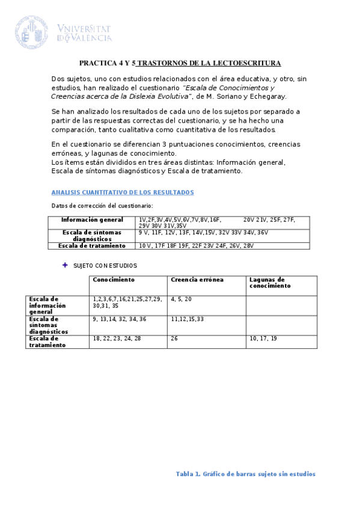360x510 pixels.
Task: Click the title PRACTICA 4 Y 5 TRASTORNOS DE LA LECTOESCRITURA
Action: click(180, 63)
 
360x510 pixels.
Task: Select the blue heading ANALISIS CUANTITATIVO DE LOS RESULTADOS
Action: click(123, 192)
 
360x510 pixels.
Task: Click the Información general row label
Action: click(92, 220)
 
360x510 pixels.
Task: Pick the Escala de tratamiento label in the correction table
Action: click(92, 245)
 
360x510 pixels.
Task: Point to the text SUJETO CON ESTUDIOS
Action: click(105, 265)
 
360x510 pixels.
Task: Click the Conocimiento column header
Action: click(114, 280)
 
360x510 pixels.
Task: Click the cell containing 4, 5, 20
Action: click(182, 299)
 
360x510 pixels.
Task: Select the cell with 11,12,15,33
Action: click(188, 319)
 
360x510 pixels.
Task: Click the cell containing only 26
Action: click(174, 339)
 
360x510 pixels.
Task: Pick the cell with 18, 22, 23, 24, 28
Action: click(117, 339)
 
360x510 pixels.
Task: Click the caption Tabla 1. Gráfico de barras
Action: click(245, 474)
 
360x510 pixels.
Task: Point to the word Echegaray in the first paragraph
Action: click(265, 96)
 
